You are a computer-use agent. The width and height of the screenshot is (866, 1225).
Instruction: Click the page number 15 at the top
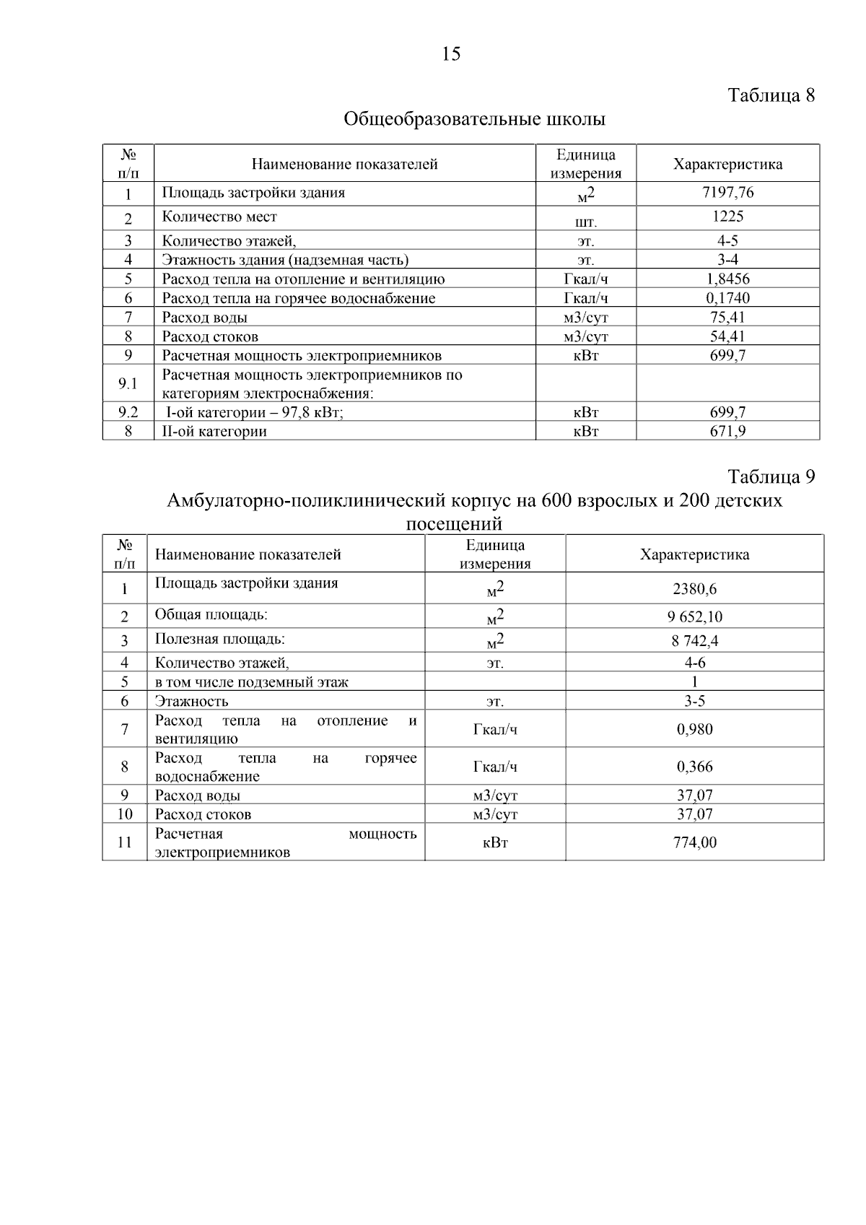450,54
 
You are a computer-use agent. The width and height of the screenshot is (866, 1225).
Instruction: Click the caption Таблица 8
771,95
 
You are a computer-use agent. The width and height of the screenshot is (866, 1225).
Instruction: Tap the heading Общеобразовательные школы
474,119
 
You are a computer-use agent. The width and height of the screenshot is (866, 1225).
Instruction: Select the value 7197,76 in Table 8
727,193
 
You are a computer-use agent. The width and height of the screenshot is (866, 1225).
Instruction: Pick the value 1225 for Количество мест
727,217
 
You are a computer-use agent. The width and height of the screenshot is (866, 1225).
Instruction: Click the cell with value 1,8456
727,279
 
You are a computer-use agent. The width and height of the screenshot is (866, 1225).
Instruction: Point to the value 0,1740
727,298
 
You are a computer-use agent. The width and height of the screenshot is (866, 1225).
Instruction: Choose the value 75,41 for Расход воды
727,317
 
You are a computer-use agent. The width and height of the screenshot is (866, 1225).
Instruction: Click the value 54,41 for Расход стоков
727,336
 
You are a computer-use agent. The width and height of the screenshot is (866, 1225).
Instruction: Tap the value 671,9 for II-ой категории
727,432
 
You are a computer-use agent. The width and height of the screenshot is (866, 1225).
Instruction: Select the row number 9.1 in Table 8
128,383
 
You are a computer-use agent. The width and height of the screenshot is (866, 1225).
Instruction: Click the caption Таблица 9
771,477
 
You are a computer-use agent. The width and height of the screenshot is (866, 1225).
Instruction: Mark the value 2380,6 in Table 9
694,589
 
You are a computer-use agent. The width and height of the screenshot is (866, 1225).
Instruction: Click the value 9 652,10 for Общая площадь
694,616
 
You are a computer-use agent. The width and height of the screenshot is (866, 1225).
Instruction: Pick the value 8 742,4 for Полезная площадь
694,641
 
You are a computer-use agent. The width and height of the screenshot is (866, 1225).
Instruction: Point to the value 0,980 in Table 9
694,729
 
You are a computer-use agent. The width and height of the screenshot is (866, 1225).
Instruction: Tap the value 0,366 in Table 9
694,767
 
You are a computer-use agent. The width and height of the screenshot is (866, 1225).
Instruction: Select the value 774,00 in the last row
694,842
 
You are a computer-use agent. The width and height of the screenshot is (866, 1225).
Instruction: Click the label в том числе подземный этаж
251,682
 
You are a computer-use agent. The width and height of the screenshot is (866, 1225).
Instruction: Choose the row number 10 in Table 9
124,814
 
